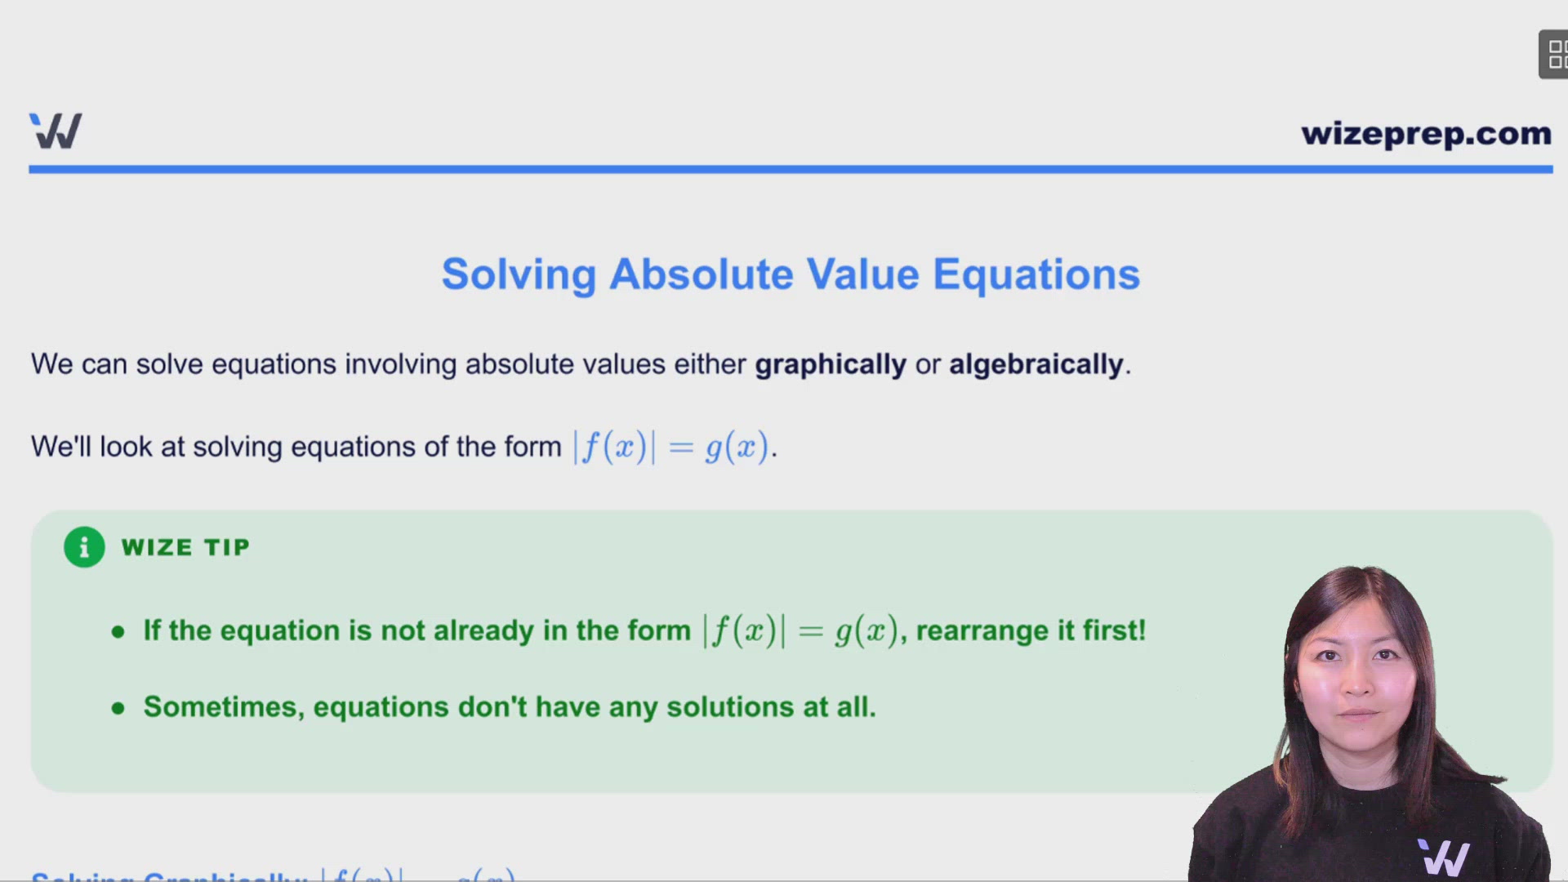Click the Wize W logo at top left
point(56,131)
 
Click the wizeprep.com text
point(1426,133)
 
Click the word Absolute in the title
point(701,274)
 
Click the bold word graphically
point(830,364)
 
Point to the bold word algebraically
point(1036,364)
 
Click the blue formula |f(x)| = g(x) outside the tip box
point(673,447)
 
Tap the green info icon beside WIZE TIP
point(84,547)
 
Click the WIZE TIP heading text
point(185,547)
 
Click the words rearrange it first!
point(1031,630)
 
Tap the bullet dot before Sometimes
point(118,708)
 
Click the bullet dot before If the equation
point(118,632)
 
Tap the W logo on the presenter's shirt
point(1444,857)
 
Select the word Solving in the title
point(519,274)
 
